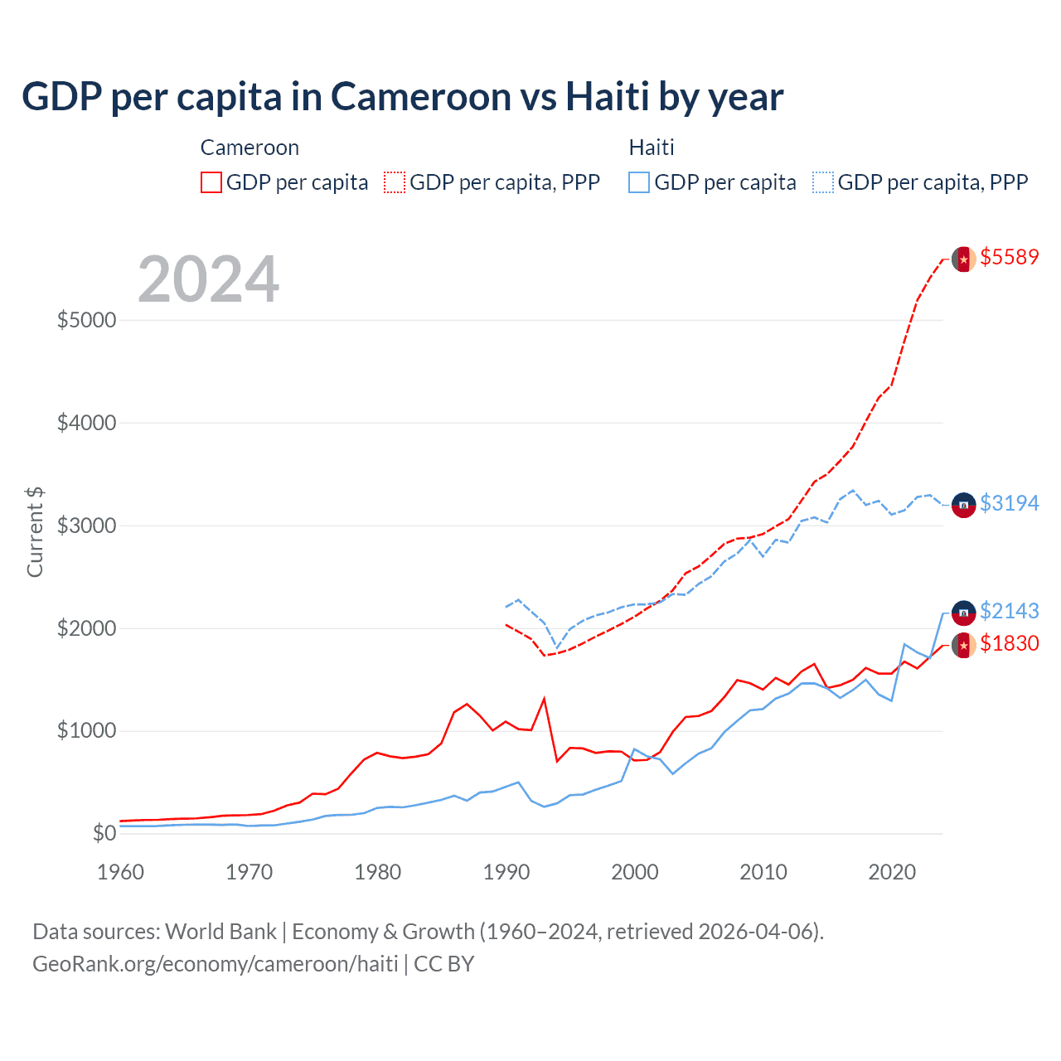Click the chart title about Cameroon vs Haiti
402,97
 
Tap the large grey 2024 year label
208,279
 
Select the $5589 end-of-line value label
1009,257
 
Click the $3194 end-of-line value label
1009,503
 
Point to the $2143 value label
1009,611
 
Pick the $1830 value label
1009,643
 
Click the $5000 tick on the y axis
86,320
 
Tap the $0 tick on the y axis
104,833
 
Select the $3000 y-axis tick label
86,526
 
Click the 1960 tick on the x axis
120,872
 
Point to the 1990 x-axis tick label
506,872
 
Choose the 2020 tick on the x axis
891,872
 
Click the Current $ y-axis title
35,532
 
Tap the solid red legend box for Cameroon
211,182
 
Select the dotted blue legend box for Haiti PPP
823,182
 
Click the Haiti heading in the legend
652,148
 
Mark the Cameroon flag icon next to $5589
963,259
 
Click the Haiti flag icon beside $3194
963,504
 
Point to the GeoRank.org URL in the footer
216,964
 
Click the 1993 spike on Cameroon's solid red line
544,699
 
